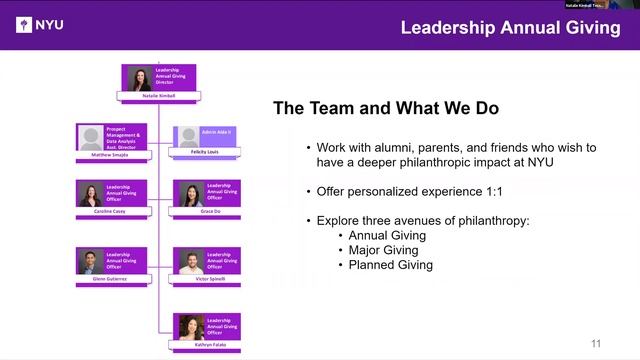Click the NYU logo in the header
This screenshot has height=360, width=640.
point(41,25)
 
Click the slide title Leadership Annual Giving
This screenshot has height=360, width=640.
point(510,27)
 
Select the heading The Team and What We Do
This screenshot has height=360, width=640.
point(386,107)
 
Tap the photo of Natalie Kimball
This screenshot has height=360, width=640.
point(139,79)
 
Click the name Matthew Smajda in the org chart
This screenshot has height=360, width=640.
point(110,155)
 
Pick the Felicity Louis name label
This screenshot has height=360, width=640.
point(207,151)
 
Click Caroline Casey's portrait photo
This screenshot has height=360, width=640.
point(91,194)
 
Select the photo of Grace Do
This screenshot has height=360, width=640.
point(189,194)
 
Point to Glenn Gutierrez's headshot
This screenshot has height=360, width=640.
point(91,262)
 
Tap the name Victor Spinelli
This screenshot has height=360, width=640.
point(207,279)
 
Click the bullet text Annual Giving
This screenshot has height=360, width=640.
point(387,235)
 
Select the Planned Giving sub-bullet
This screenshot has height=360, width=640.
point(391,265)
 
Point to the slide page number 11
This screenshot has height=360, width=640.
point(597,344)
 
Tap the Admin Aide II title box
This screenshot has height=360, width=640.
point(216,132)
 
